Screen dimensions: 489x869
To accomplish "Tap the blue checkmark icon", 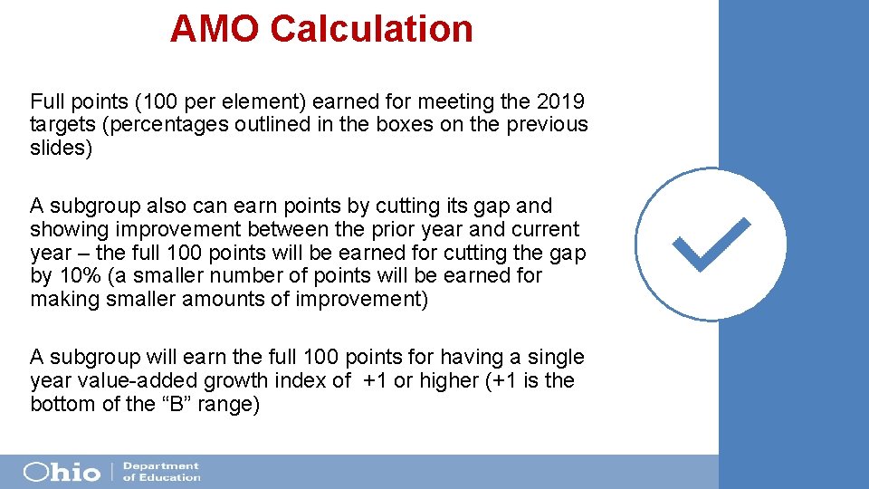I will point(711,244).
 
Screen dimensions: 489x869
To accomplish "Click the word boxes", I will point(398,125).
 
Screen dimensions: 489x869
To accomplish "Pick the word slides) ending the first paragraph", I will point(61,149).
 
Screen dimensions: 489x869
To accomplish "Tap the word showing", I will point(66,230).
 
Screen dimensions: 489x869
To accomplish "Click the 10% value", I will point(78,276).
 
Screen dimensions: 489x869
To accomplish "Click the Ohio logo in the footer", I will point(62,472).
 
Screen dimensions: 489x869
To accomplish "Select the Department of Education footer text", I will point(161,472).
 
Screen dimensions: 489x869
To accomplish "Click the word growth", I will point(243,381).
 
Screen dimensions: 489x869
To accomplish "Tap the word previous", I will point(547,125).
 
